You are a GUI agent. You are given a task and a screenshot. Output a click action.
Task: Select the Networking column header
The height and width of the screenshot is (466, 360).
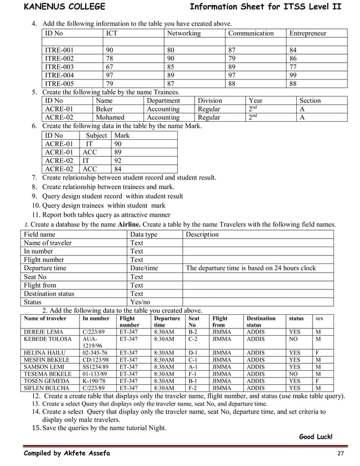click(183, 33)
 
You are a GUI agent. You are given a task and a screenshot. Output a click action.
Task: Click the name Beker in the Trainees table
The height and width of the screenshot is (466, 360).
click(104, 109)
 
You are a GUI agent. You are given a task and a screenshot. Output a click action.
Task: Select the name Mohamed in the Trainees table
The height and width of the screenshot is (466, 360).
click(110, 117)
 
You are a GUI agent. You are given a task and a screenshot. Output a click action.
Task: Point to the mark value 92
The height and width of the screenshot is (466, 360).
click(118, 160)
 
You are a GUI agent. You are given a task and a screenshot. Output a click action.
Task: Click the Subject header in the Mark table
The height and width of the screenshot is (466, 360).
click(96, 135)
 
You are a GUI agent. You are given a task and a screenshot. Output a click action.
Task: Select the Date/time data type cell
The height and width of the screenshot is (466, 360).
click(144, 268)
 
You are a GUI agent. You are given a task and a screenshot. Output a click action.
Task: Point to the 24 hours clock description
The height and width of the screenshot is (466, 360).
click(251, 268)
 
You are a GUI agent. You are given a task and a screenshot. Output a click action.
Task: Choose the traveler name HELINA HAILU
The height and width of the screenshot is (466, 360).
click(43, 353)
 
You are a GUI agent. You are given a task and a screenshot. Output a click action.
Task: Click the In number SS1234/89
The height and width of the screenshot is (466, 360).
click(96, 367)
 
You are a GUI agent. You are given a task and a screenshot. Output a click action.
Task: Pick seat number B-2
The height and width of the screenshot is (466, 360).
click(192, 332)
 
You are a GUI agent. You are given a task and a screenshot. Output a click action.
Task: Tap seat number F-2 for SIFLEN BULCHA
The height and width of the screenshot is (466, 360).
click(192, 388)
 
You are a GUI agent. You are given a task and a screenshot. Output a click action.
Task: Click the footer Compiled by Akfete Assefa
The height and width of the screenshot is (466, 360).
click(67, 454)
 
